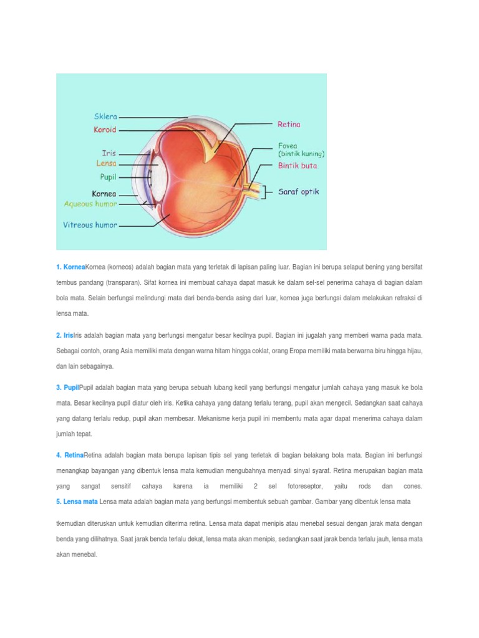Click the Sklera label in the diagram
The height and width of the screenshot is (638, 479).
105,117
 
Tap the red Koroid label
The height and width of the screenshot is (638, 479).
105,130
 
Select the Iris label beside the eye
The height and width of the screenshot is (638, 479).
109,153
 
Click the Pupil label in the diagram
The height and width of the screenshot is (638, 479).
106,177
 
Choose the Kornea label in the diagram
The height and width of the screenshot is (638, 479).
104,194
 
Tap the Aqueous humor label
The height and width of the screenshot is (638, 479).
90,204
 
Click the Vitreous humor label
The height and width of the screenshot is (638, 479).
90,225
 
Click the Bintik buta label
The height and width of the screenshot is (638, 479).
298,166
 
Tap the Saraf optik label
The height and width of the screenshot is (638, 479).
298,192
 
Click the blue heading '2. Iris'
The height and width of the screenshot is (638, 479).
64,335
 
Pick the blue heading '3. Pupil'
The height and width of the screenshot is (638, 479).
67,388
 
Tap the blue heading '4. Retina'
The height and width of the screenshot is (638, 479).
69,455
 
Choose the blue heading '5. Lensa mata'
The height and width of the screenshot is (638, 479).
77,502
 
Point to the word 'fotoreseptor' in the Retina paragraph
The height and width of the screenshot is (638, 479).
305,486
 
